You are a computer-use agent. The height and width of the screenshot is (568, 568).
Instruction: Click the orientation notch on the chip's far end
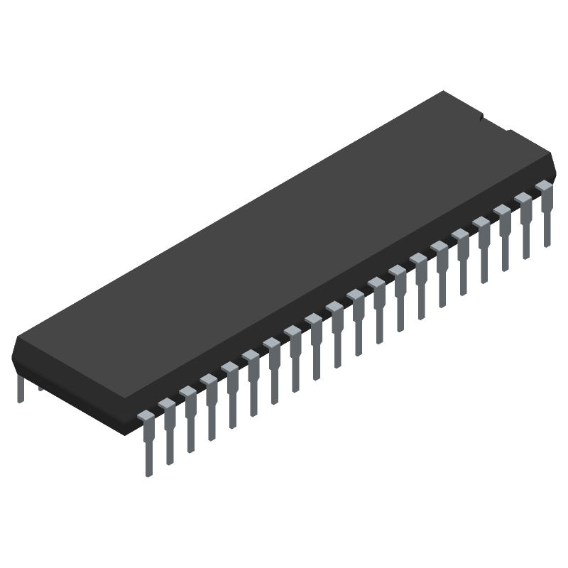[x=495, y=122]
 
